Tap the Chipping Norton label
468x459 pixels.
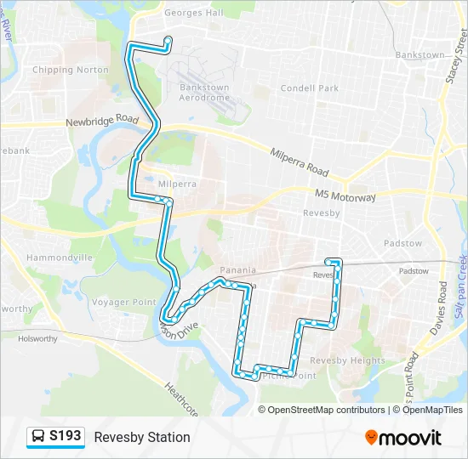(71, 70)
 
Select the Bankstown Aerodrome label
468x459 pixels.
(204, 92)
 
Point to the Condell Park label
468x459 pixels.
(310, 88)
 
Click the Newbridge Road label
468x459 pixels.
(102, 122)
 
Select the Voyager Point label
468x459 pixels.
(123, 302)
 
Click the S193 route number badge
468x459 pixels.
(66, 436)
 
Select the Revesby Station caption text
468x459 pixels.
(142, 437)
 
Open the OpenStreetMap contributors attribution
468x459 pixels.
(325, 410)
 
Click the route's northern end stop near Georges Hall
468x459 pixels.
(168, 39)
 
